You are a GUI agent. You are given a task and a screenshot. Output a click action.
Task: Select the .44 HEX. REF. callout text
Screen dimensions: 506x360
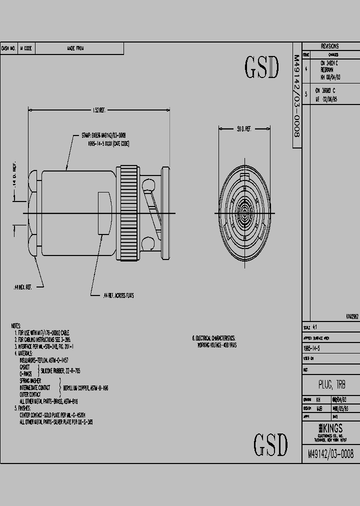pos(22,287)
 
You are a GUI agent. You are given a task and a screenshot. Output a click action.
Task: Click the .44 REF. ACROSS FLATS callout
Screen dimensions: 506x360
pos(118,295)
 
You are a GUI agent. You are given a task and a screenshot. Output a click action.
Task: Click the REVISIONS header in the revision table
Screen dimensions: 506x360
pos(330,45)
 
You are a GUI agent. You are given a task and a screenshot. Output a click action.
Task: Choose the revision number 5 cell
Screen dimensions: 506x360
pos(306,94)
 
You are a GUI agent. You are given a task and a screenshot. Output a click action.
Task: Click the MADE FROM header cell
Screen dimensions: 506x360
pos(75,48)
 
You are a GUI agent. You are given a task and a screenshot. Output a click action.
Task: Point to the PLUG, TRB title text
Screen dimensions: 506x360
pos(331,384)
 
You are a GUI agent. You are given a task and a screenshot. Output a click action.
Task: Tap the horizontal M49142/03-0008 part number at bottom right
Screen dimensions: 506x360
pos(330,454)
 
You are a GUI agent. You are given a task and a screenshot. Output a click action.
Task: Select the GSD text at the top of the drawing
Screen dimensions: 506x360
pos(261,67)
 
